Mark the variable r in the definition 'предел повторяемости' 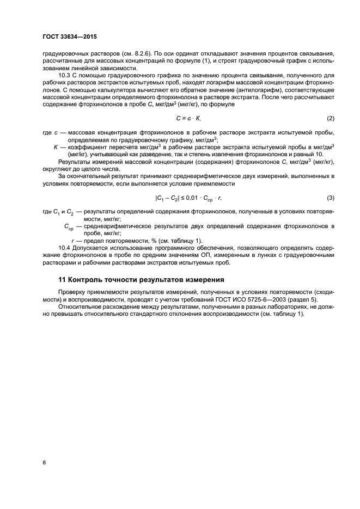tap(73, 241)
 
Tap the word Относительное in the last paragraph tap(82, 307)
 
